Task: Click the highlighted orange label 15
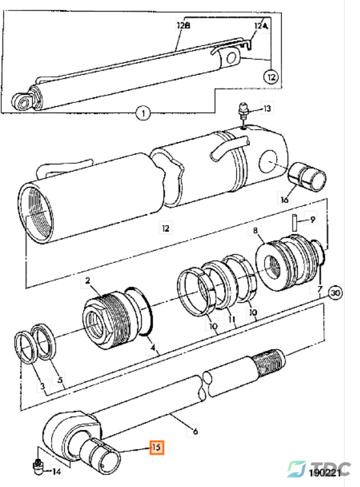[x=156, y=447]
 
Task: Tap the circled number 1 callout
[x=143, y=113]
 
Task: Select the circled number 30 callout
[x=335, y=292]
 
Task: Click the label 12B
[x=183, y=25]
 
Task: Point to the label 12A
[x=261, y=26]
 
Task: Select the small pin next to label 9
[x=295, y=222]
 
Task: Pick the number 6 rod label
[x=195, y=431]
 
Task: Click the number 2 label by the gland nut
[x=87, y=281]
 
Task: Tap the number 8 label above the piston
[x=255, y=230]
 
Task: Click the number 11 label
[x=232, y=319]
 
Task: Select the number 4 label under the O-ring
[x=152, y=347]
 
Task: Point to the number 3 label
[x=42, y=386]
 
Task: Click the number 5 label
[x=60, y=379]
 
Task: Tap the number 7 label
[x=320, y=289]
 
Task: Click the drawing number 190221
[x=325, y=473]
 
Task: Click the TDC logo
[x=318, y=468]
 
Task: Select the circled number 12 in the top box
[x=271, y=77]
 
